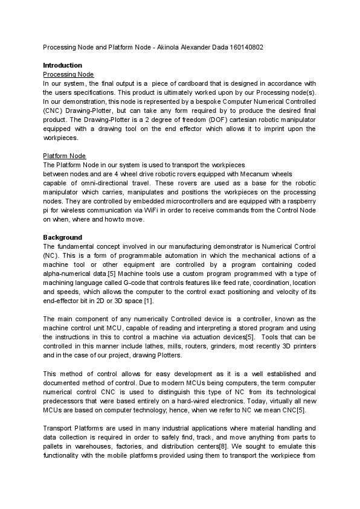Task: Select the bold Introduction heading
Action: tap(63, 65)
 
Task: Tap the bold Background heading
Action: tap(62, 237)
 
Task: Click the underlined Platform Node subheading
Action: tap(65, 156)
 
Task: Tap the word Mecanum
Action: tap(249, 174)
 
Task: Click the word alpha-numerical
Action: tap(69, 274)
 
